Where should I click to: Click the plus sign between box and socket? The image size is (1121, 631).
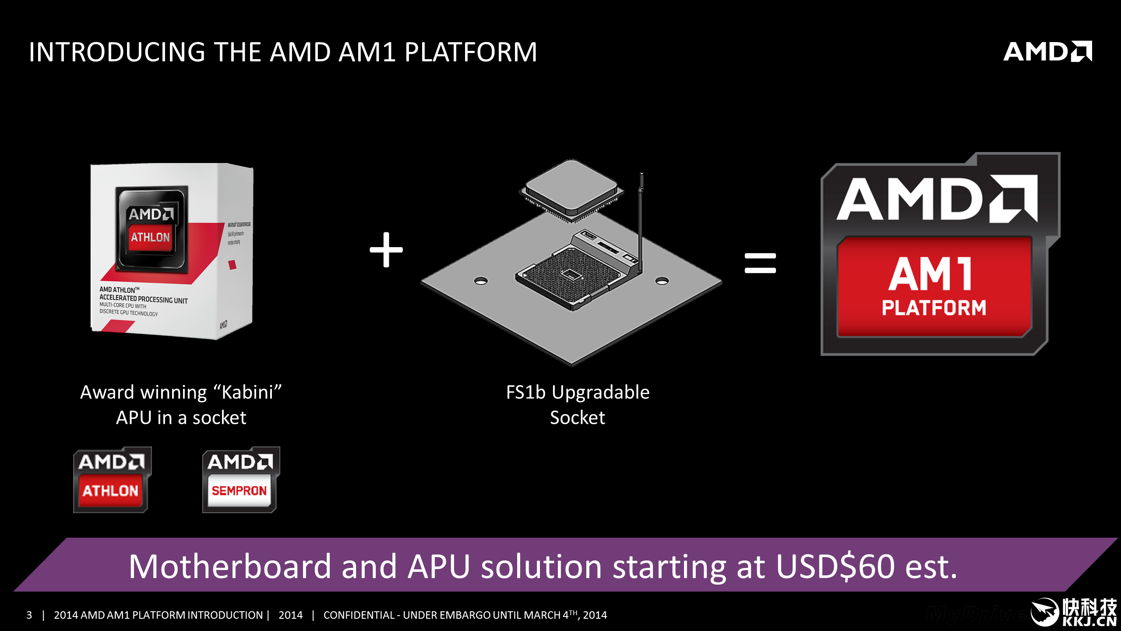[386, 250]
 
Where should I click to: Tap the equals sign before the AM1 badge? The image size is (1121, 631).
[760, 263]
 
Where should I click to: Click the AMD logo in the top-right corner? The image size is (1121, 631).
[1047, 52]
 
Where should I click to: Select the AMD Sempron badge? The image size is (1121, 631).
[240, 480]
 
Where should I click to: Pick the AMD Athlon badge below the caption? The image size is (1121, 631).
[112, 480]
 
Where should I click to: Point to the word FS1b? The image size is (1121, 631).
[526, 392]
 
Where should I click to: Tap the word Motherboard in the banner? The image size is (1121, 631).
[230, 567]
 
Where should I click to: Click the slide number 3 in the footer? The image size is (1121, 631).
[29, 615]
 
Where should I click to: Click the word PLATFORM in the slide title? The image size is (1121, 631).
[471, 52]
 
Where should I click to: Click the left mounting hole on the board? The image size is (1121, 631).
[481, 281]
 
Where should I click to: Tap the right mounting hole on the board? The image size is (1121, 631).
[662, 281]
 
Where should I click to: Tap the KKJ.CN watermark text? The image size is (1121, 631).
[1089, 621]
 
